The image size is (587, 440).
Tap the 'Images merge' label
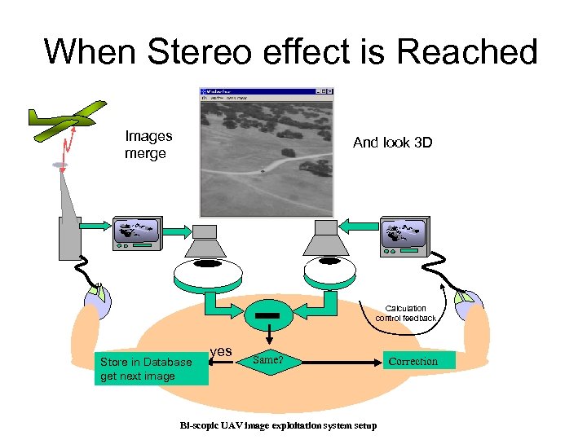pyautogui.click(x=148, y=145)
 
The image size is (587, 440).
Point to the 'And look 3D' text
pyautogui.click(x=392, y=143)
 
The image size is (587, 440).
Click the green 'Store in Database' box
pyautogui.click(x=151, y=368)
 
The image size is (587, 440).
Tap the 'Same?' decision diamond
pyautogui.click(x=267, y=359)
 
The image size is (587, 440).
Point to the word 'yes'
pyautogui.click(x=221, y=351)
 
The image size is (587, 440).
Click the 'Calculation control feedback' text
pyautogui.click(x=405, y=313)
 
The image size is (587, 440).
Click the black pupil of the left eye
pyautogui.click(x=207, y=264)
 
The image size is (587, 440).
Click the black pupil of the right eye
pyautogui.click(x=329, y=262)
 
